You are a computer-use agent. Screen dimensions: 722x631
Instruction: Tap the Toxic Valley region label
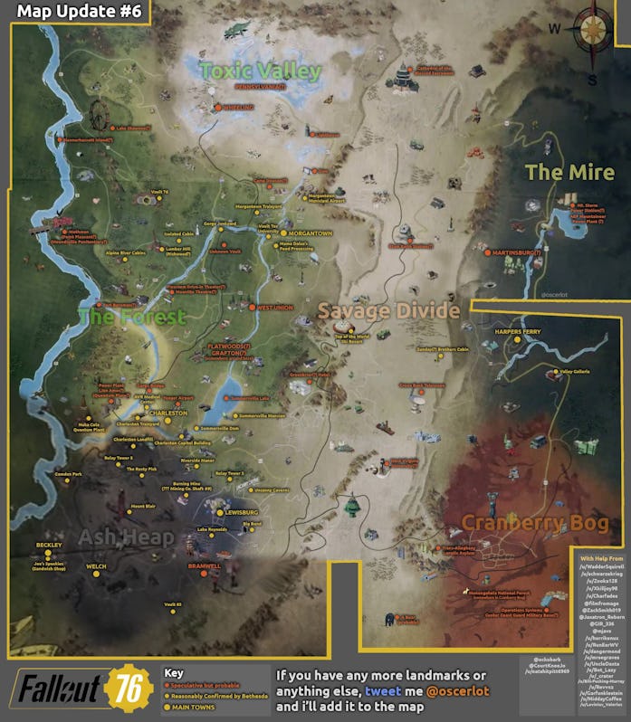260,71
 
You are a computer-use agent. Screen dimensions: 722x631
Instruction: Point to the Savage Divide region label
387,311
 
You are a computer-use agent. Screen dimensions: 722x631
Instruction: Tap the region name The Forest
131,317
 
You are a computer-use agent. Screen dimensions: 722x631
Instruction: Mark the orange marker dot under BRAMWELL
205,574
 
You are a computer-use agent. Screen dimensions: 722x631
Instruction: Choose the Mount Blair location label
143,506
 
